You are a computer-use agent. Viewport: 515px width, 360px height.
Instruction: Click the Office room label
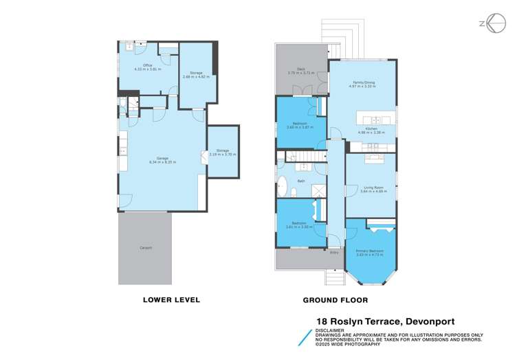tap(147, 65)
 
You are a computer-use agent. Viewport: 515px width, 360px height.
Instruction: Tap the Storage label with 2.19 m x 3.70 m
tap(222, 150)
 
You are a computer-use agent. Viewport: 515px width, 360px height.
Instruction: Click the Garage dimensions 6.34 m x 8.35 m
tap(163, 162)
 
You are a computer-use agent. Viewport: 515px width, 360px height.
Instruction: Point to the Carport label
tap(146, 247)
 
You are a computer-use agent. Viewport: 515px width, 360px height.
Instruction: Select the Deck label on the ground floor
tap(300, 68)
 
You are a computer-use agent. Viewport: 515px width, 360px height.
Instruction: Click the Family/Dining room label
tap(362, 82)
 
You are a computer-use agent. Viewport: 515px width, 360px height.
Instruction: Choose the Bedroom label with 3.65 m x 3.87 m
tap(300, 123)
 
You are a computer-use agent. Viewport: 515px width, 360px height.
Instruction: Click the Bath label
tap(301, 181)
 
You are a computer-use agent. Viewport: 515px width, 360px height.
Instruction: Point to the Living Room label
tap(373, 187)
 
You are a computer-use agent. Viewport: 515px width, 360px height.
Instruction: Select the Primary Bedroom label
tap(370, 251)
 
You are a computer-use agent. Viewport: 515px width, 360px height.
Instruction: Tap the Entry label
tap(334, 252)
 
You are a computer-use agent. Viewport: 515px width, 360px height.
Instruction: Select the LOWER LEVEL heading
tap(171, 300)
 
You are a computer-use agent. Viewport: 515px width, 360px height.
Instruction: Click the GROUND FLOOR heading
tap(336, 300)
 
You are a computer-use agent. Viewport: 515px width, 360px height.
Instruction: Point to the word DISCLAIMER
tap(331, 330)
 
